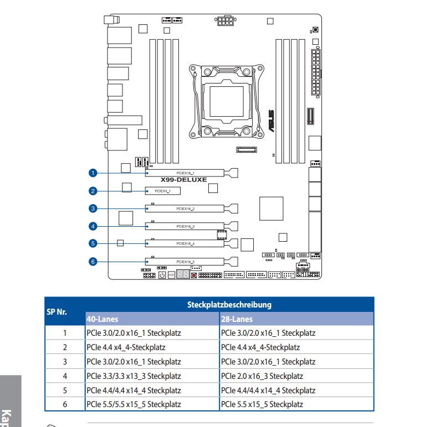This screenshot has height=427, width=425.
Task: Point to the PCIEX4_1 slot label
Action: pos(163,191)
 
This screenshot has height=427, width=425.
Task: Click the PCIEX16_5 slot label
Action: pos(185,261)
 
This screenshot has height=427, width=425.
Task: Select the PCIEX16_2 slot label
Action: pos(185,209)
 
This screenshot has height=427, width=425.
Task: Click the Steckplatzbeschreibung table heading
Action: pos(229,304)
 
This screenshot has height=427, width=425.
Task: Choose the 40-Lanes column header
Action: pos(103,319)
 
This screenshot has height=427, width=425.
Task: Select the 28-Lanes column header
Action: pos(237,319)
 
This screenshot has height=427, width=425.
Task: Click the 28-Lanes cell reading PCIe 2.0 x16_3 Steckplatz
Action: pos(262,376)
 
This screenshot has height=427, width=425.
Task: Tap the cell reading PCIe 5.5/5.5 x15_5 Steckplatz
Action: pos(134,405)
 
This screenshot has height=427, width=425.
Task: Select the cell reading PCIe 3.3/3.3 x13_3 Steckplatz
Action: pos(134,376)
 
